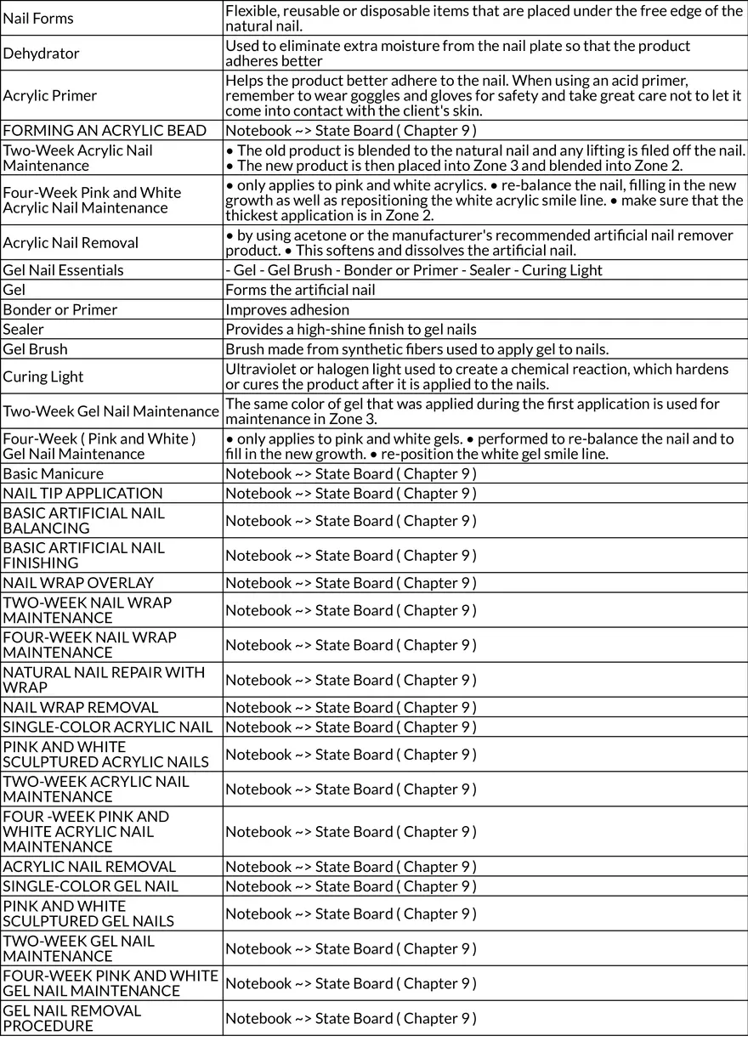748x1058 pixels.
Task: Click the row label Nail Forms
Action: (x=38, y=18)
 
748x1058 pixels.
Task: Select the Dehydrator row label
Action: (x=41, y=53)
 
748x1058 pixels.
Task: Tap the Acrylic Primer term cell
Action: (x=50, y=95)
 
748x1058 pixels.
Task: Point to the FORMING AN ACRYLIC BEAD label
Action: (x=105, y=130)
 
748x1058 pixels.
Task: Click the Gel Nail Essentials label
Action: (x=63, y=270)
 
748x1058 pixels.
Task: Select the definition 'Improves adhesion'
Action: (x=287, y=309)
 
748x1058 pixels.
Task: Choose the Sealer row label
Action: (x=23, y=329)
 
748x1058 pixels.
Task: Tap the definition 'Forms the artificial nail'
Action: (x=300, y=290)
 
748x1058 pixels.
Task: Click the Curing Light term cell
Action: (x=43, y=376)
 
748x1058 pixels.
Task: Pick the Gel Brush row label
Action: (x=35, y=348)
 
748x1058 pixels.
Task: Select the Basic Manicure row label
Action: (x=53, y=473)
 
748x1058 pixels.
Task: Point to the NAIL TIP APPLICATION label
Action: (x=82, y=493)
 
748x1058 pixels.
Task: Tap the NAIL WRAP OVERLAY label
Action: (x=78, y=582)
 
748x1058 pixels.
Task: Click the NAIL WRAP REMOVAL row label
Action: (x=81, y=707)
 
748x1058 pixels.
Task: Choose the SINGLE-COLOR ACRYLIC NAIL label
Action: (x=108, y=727)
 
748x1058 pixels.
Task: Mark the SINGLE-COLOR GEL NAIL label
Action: (x=90, y=886)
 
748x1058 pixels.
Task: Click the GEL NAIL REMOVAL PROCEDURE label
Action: (x=72, y=1018)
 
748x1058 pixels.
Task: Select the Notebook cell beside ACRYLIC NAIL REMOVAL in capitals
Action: (x=350, y=867)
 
